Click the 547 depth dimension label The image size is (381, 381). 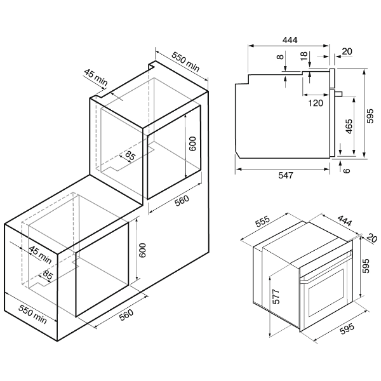click(286, 175)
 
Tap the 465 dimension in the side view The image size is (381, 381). click(349, 126)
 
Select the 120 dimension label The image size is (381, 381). click(316, 103)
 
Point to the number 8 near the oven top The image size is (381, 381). click(280, 57)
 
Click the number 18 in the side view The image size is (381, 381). click(304, 56)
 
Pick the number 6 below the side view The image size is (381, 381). click(347, 170)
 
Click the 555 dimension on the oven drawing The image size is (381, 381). click(262, 221)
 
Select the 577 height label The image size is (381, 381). click(276, 297)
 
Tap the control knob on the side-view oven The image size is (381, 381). click(339, 93)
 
